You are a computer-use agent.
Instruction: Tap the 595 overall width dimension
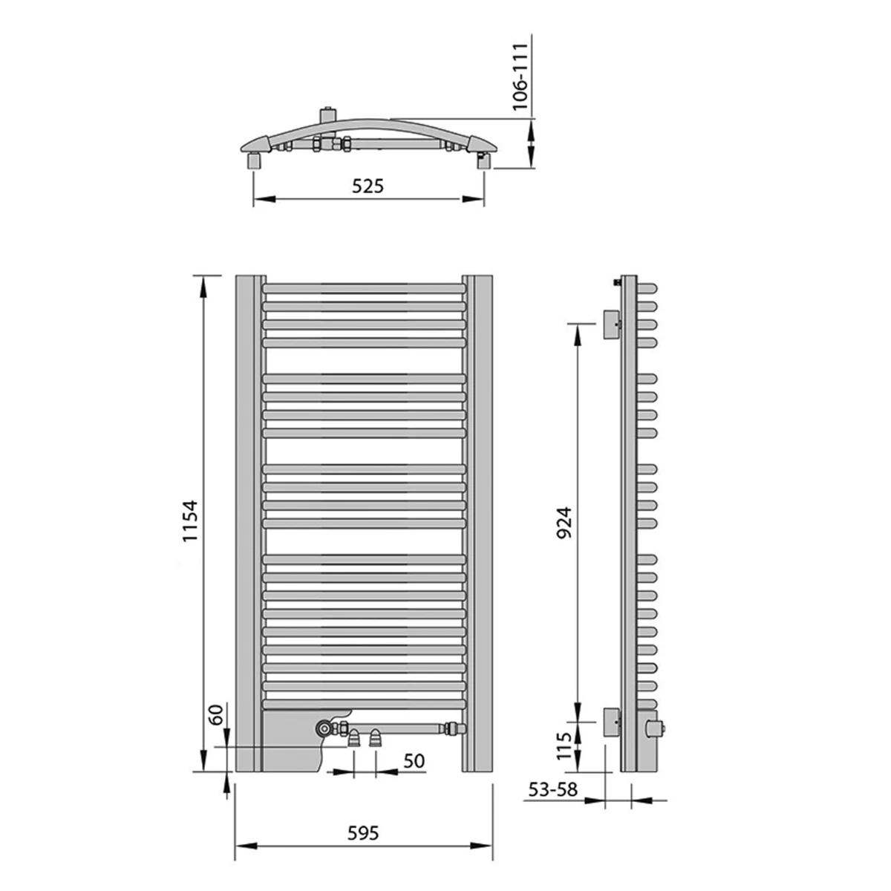pos(364,833)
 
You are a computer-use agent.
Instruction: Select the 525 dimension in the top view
pos(368,186)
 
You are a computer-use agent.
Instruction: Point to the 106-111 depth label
pos(522,76)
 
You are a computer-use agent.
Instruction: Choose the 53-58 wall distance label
pos(553,789)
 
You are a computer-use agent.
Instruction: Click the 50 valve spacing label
pos(414,760)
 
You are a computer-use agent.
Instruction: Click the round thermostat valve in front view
pos(324,728)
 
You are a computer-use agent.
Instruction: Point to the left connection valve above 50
pos(354,737)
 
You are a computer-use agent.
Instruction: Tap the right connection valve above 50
pos(376,737)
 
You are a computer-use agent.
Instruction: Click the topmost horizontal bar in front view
pos(364,287)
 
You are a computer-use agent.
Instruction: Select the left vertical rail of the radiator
pos(249,523)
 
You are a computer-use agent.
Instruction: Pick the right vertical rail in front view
pos(478,523)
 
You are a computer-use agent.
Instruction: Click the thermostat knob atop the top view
pos(327,116)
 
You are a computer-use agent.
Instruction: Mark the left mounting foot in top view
pos(254,160)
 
